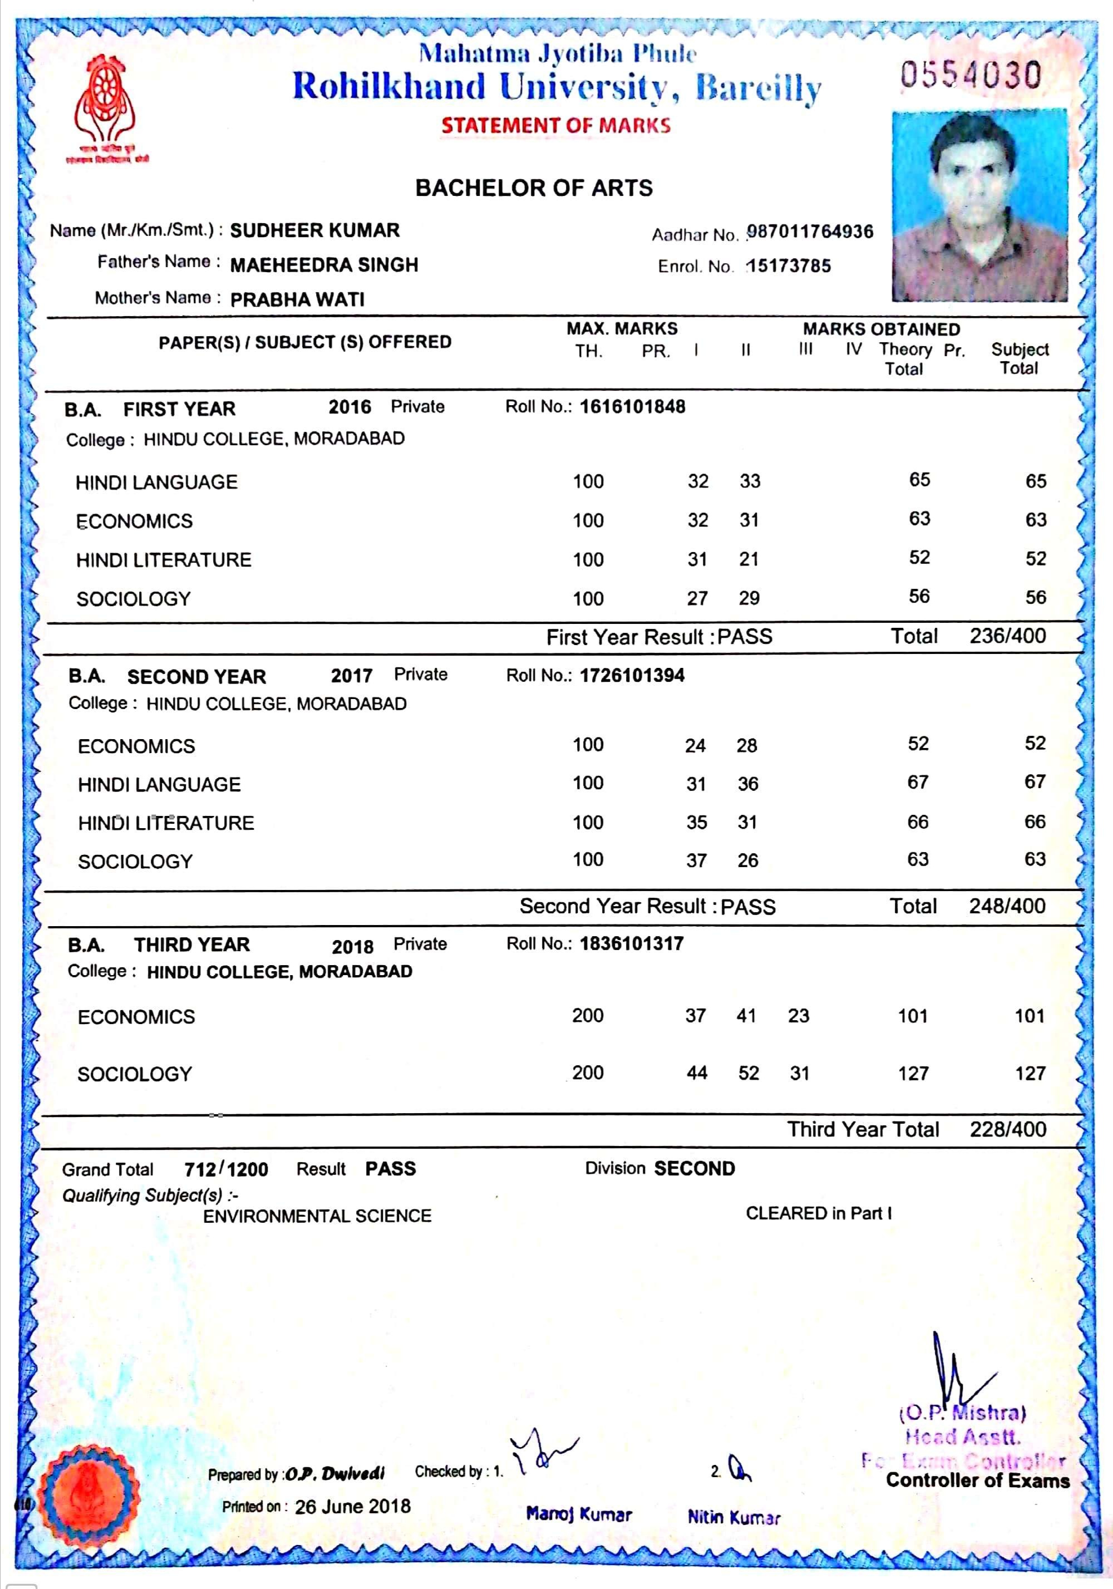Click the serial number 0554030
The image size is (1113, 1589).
coord(971,75)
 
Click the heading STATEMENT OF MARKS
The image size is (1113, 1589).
coord(556,125)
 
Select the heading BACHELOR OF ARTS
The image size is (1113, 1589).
coord(534,188)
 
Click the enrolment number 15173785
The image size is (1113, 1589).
coord(789,265)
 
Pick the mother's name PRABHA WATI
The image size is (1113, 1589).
coord(297,299)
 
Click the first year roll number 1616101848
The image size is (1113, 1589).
coord(632,406)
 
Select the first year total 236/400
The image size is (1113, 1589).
coord(1007,636)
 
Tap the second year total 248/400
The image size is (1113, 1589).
coord(1007,905)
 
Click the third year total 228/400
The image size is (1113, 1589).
coord(1007,1129)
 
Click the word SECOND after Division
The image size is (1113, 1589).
coord(695,1168)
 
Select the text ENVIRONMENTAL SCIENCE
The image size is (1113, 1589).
coord(317,1216)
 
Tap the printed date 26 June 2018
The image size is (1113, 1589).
coord(352,1506)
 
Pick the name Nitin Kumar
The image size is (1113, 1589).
coord(733,1517)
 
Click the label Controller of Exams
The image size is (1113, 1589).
coord(977,1480)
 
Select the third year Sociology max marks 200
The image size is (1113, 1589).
coord(587,1072)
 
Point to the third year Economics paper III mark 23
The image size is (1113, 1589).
coord(798,1015)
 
